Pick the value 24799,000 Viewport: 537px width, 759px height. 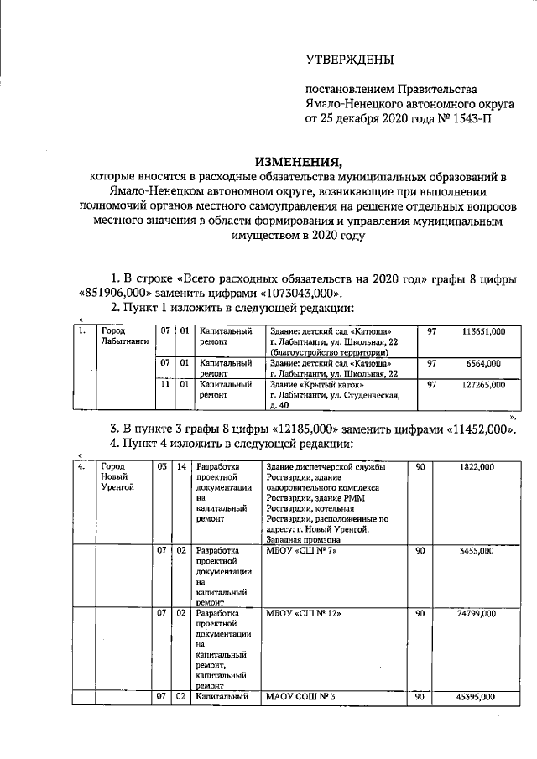point(475,614)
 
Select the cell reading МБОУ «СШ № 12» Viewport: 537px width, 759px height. point(296,614)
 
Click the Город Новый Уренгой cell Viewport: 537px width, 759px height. point(117,476)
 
